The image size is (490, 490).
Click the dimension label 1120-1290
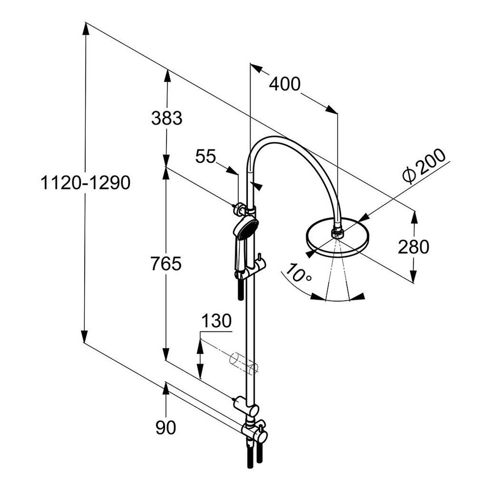[85, 182]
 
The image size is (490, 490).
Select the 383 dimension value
[167, 118]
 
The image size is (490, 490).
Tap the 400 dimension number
[284, 84]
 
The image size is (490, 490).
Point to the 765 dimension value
[166, 264]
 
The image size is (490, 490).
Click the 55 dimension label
[206, 156]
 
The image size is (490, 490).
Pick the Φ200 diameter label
[424, 166]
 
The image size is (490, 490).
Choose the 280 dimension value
[414, 246]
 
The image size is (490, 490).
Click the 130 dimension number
[217, 321]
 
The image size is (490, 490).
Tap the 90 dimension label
[166, 427]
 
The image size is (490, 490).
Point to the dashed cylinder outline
[244, 363]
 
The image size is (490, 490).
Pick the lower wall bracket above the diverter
[246, 405]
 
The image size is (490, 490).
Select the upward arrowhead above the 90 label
[166, 389]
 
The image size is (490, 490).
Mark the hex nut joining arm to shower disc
[337, 232]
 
